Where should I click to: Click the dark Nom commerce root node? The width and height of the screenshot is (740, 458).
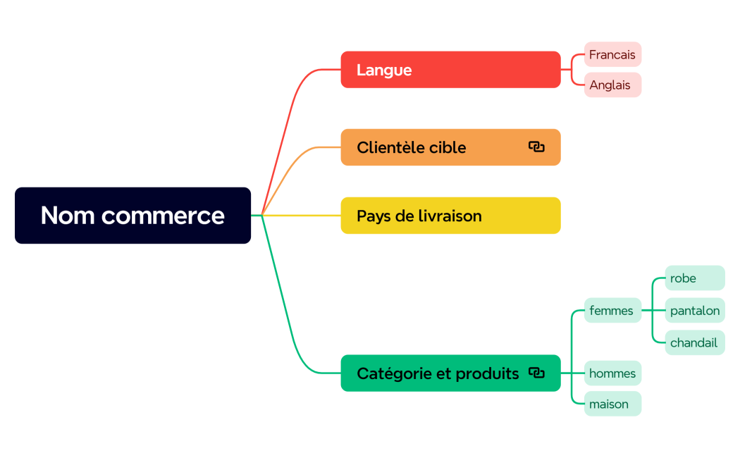click(132, 216)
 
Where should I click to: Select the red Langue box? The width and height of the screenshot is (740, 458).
click(450, 70)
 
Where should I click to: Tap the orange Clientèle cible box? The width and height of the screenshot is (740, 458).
click(437, 147)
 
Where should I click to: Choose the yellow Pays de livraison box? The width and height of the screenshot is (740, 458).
click(450, 216)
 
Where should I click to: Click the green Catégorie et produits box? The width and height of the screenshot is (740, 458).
click(437, 373)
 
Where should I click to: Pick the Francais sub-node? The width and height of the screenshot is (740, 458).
click(612, 54)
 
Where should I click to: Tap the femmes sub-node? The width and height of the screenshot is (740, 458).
click(612, 310)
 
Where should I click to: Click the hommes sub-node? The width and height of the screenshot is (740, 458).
click(612, 373)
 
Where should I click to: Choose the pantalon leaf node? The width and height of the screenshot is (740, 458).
click(695, 311)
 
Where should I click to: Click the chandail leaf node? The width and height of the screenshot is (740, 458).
click(694, 342)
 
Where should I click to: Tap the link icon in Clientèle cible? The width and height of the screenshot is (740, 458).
click(536, 147)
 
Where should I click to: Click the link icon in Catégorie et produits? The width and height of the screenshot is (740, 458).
click(536, 373)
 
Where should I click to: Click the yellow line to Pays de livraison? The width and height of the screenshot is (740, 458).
click(303, 216)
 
